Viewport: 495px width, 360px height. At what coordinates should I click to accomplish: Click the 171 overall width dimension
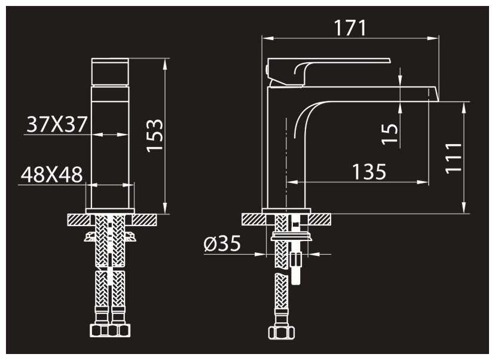(x=350, y=28)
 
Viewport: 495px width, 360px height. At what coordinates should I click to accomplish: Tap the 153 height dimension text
(x=155, y=136)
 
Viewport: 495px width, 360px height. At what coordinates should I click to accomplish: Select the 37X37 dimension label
(x=57, y=124)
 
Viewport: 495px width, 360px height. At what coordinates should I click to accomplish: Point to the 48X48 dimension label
(x=52, y=175)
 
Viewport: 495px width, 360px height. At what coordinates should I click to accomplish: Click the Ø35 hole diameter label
(x=222, y=243)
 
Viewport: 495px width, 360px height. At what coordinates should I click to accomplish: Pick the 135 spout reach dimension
(x=369, y=172)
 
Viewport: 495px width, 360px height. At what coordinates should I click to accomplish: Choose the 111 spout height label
(x=453, y=158)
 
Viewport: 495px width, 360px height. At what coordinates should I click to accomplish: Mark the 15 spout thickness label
(x=390, y=134)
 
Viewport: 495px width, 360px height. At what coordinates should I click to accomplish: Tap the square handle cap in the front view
(x=110, y=72)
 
